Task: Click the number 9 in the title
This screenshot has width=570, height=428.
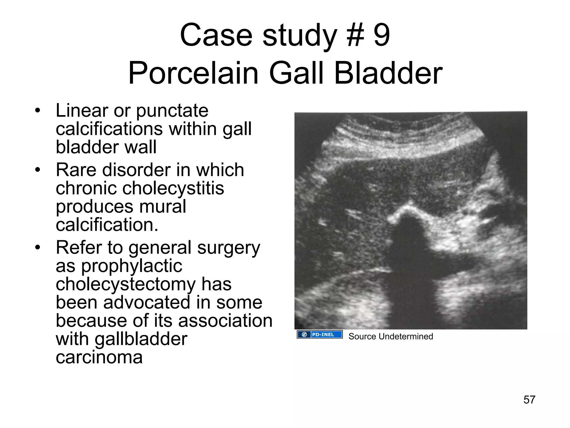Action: click(382, 35)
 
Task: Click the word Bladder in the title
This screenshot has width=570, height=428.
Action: click(388, 73)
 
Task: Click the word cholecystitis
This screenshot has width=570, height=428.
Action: click(173, 188)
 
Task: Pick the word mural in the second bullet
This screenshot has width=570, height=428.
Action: click(163, 206)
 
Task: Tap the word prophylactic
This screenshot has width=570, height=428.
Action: click(132, 266)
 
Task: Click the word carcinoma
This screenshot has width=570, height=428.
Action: click(99, 357)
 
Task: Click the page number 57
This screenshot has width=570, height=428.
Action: click(529, 400)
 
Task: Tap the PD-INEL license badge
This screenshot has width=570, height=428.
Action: click(320, 334)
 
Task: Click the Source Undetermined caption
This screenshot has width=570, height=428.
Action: click(390, 337)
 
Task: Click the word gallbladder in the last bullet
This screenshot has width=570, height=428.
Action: click(141, 339)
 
